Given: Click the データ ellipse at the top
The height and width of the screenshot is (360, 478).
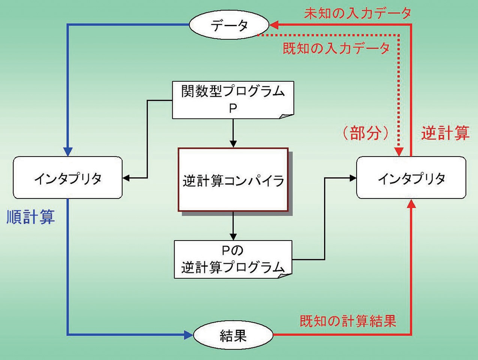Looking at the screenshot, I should click(229, 25).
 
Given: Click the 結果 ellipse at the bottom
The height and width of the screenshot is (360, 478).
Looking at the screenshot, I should click(233, 335).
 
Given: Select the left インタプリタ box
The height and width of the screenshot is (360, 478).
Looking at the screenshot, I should click(68, 178).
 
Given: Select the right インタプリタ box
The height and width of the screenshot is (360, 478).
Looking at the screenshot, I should click(411, 178).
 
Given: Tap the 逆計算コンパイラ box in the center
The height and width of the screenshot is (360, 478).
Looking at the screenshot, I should click(233, 180).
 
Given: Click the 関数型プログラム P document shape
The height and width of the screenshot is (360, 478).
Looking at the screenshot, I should click(233, 100).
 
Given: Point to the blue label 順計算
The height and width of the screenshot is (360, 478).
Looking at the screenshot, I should click(31, 217).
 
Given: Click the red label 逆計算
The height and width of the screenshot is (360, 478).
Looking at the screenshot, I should click(445, 133).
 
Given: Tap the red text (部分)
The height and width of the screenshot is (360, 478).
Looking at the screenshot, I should click(366, 133).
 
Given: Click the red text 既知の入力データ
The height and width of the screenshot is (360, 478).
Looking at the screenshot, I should click(336, 48).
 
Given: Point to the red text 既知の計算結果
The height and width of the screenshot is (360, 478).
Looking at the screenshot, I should click(348, 321).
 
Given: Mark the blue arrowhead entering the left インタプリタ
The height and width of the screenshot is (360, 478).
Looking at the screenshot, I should click(68, 151).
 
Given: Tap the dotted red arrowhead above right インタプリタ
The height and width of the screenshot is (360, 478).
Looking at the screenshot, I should click(399, 152).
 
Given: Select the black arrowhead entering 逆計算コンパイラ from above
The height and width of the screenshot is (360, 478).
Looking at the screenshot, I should click(233, 144).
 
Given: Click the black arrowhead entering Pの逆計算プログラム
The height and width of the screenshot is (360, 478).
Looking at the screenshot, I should click(233, 237).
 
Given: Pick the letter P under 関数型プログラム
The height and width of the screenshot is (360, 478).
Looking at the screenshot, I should click(233, 109).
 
